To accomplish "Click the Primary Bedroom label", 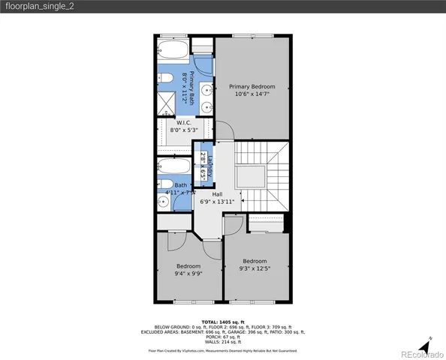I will coord(252,86).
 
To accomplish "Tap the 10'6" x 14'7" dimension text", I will coord(252,94).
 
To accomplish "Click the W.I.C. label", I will coord(184,121).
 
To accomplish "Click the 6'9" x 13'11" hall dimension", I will coord(217,201).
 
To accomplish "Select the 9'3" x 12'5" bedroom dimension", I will coord(254,269).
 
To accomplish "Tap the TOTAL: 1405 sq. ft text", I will coord(223,321).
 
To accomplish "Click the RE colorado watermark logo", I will coord(414,353).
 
